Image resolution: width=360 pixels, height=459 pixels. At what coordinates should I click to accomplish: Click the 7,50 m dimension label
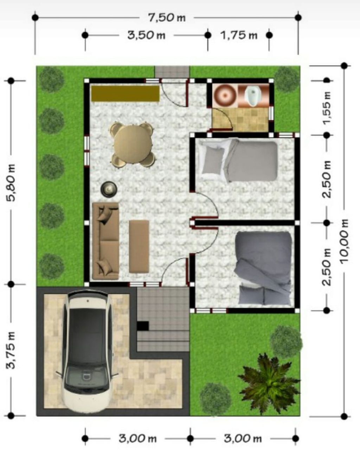click(x=167, y=18)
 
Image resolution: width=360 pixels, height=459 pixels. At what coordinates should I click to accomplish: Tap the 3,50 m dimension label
click(x=146, y=35)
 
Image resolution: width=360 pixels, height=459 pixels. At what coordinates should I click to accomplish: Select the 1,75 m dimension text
click(x=239, y=35)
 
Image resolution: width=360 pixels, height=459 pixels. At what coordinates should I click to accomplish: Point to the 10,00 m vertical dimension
click(x=344, y=241)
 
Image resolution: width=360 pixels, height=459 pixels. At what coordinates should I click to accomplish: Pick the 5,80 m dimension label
click(x=11, y=183)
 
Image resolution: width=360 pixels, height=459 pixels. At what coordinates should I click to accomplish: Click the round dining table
click(x=133, y=145)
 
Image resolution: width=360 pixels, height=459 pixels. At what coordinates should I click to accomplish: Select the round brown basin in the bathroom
click(x=225, y=96)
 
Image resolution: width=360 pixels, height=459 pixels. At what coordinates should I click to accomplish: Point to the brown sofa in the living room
click(x=105, y=241)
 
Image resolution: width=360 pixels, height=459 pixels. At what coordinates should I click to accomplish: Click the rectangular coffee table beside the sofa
click(x=139, y=246)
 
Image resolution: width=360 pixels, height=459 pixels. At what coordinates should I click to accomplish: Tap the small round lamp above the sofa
click(x=109, y=190)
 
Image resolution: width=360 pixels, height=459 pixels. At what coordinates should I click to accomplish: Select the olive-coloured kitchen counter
click(x=125, y=93)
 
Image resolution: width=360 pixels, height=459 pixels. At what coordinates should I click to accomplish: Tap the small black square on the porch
click(x=143, y=326)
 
